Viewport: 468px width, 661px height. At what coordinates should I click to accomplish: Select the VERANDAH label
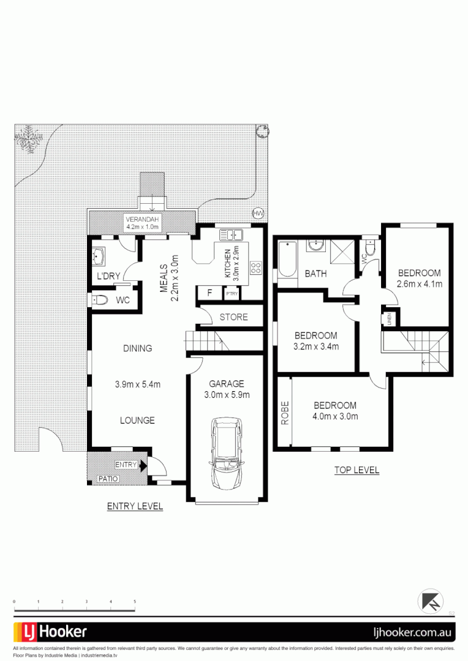tap(142, 219)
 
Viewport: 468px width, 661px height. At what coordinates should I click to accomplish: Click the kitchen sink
tap(232, 234)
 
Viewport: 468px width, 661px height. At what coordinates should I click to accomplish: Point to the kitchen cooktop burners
tap(255, 267)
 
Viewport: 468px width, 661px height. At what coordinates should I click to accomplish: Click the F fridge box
tap(209, 293)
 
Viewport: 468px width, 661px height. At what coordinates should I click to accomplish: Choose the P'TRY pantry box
tap(232, 294)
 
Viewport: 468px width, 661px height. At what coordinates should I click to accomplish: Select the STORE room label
tap(233, 316)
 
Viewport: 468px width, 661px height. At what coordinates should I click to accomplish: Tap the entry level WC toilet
tap(101, 300)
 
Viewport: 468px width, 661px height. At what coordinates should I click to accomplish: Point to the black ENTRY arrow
tap(143, 466)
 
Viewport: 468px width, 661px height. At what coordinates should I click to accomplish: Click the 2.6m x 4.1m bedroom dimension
tap(420, 283)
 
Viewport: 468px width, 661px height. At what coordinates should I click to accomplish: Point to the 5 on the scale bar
tap(135, 602)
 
